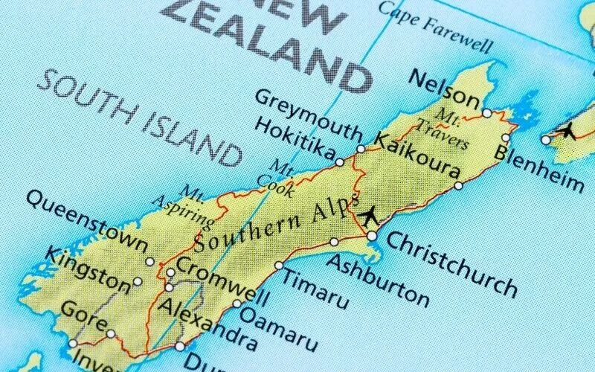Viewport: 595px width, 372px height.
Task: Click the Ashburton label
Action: [x=378, y=280]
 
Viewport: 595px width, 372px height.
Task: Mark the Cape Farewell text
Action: [x=436, y=26]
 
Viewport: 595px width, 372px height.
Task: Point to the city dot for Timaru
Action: [x=279, y=266]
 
